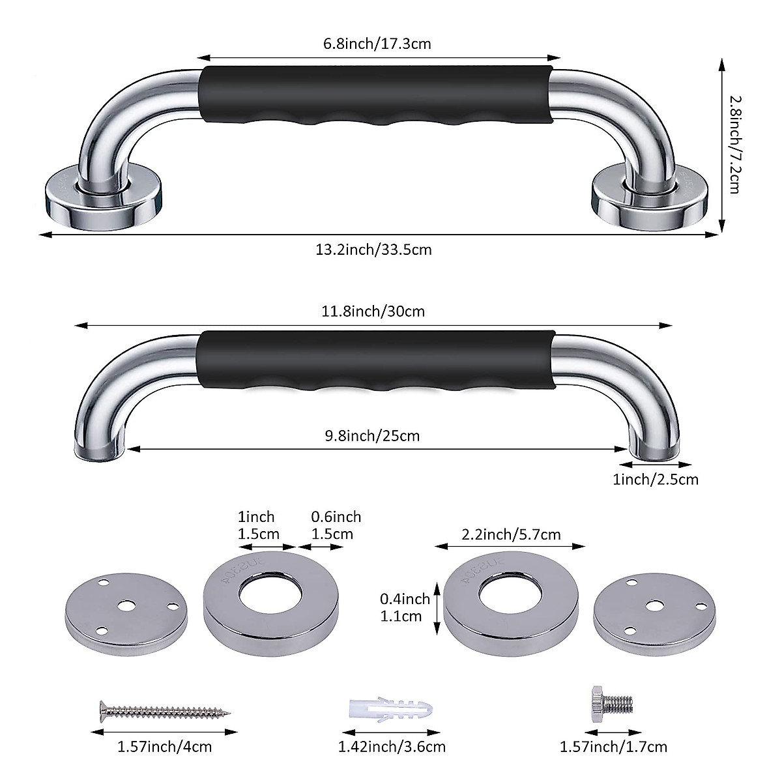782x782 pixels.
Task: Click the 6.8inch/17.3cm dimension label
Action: tap(377, 44)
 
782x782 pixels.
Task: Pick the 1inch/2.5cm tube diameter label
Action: tap(656, 480)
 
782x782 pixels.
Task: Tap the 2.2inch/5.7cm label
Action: tap(511, 534)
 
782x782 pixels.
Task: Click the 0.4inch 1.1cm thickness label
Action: tap(405, 607)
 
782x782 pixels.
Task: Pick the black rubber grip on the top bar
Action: tap(377, 96)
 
